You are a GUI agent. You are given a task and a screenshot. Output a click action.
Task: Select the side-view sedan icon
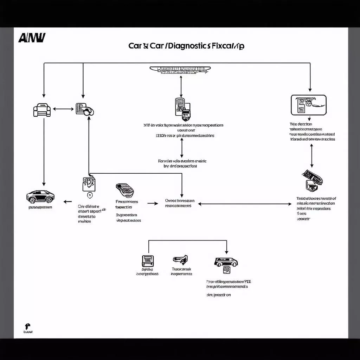click(x=40, y=196)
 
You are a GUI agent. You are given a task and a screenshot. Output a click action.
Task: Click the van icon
click(x=225, y=262)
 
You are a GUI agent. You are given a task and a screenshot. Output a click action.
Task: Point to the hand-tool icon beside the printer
click(x=180, y=260)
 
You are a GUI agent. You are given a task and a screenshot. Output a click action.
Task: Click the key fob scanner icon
click(x=124, y=191)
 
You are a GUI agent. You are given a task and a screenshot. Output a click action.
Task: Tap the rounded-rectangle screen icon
click(x=309, y=105)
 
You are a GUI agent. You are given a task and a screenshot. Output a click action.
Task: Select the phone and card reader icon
click(x=182, y=107)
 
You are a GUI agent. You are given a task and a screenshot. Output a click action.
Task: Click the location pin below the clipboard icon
click(x=89, y=195)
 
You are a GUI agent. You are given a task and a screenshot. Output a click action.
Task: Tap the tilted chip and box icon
click(x=312, y=180)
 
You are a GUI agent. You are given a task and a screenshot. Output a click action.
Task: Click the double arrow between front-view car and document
click(x=63, y=109)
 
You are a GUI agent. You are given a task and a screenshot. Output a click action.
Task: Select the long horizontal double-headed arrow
click(x=245, y=204)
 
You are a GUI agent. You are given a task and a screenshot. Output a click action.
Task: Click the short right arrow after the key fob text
click(x=152, y=203)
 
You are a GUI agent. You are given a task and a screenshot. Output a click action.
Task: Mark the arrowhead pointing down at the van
click(x=226, y=252)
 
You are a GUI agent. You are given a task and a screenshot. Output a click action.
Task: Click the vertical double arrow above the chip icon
click(x=311, y=155)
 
